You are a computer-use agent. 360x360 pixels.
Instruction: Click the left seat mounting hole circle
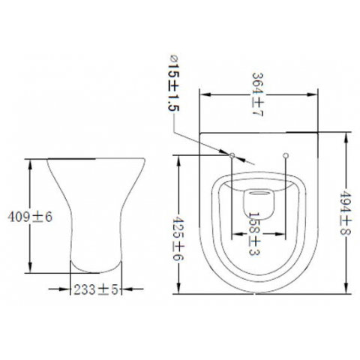233,156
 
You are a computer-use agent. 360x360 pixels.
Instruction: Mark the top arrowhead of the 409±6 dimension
30,160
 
